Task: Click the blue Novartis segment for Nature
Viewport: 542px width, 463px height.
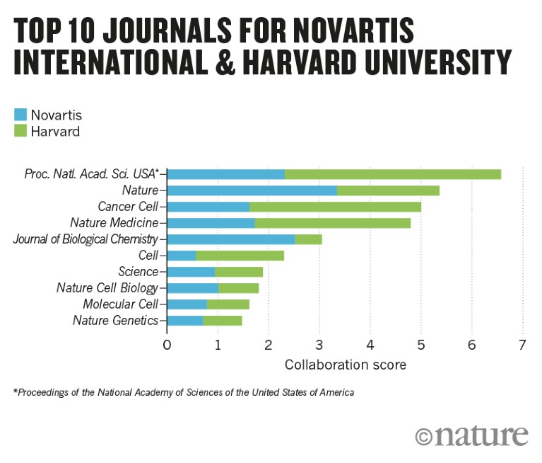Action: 252,190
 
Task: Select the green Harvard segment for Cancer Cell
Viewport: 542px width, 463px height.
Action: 335,206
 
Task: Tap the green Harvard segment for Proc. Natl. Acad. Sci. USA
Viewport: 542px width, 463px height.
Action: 392,174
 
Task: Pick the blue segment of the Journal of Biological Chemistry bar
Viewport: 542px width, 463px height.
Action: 230,239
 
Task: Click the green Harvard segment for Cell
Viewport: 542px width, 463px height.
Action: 240,255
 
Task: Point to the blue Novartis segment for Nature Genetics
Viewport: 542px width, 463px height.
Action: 184,321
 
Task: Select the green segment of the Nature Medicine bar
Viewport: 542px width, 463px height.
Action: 332,223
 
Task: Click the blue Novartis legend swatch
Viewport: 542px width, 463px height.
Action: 20,115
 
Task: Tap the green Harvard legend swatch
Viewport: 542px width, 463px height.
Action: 20,131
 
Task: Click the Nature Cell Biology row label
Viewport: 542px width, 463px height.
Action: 107,288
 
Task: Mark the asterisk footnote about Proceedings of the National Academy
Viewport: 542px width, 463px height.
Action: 183,392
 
